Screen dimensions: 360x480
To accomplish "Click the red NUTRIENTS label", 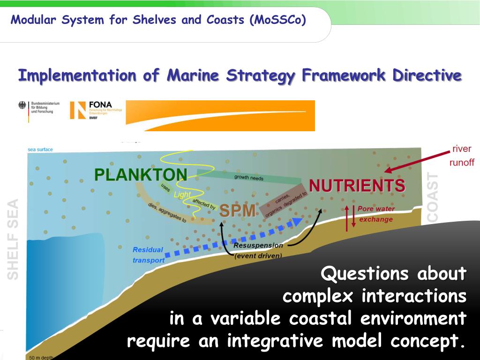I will click(x=357, y=186).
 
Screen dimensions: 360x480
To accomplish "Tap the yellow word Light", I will click(x=182, y=195).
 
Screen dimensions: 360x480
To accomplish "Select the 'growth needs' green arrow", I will click(x=248, y=177).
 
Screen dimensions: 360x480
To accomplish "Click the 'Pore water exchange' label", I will click(x=376, y=214).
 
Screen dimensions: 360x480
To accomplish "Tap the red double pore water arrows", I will click(x=350, y=217).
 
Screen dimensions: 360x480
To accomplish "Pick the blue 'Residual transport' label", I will click(x=148, y=255).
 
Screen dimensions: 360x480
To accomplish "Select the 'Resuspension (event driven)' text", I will click(x=258, y=250).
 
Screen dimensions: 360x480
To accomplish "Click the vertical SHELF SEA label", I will click(x=13, y=239).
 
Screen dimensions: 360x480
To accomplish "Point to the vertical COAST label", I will click(x=433, y=197).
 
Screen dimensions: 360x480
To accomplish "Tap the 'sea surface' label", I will click(x=40, y=150).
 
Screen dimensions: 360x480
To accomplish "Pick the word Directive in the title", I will click(x=427, y=75).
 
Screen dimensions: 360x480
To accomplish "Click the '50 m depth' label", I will click(x=40, y=358).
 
